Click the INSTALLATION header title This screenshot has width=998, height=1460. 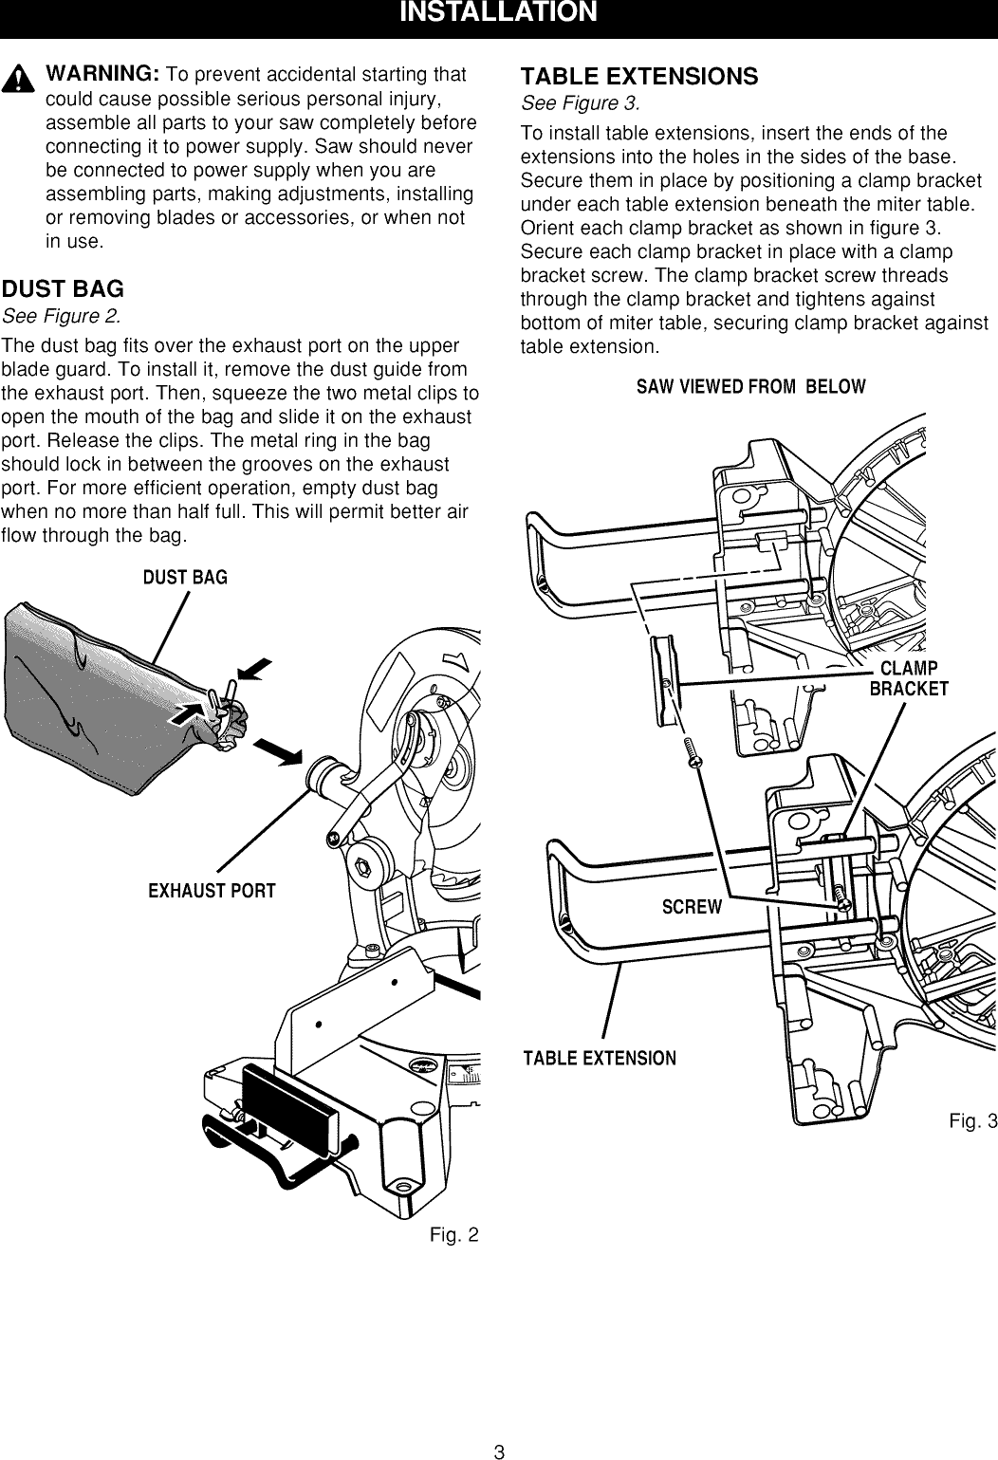tap(498, 13)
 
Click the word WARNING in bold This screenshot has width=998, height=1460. tap(103, 74)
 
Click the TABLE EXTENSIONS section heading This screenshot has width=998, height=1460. tap(639, 77)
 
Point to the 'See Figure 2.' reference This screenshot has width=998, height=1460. tap(62, 315)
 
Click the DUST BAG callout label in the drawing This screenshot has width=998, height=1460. tap(185, 578)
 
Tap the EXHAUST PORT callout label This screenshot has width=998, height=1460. tap(212, 891)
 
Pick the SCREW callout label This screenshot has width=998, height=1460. tap(692, 907)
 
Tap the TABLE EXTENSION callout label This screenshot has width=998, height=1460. tap(600, 1059)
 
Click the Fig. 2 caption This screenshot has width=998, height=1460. tap(453, 1235)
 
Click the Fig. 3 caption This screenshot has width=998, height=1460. tap(972, 1122)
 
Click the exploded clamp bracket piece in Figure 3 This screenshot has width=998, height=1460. tap(661, 675)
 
